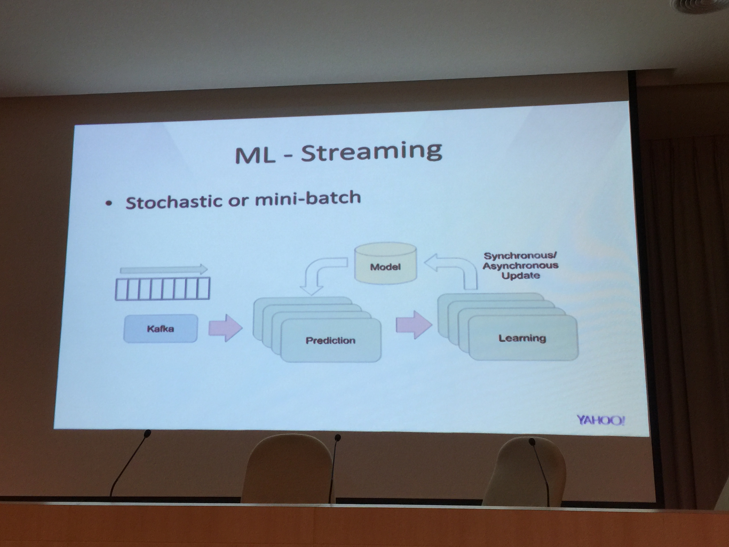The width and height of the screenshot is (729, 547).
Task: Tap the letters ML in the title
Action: [255, 156]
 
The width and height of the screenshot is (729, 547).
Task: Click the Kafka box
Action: [161, 329]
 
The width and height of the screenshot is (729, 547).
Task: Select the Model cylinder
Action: [385, 263]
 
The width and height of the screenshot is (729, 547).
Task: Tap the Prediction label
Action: [331, 341]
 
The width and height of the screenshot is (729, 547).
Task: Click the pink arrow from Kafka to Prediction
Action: [225, 328]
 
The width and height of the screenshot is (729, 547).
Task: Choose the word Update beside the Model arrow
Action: [521, 276]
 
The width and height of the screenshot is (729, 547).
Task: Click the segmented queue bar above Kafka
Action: [162, 289]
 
